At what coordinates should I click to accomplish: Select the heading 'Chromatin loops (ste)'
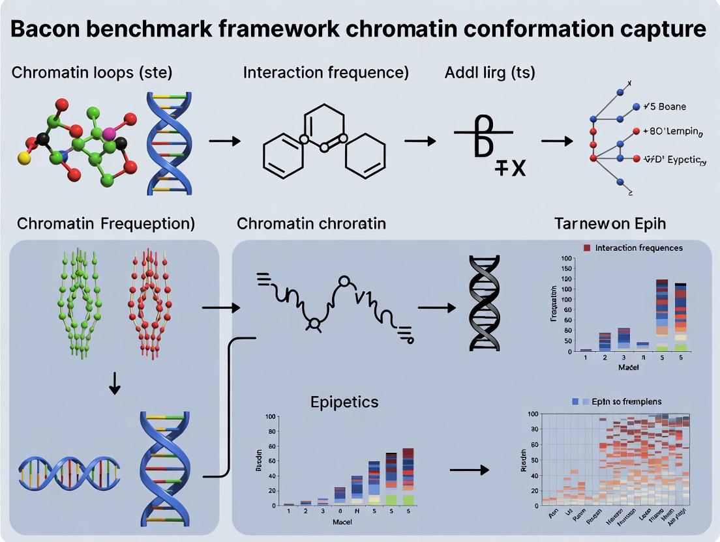[92, 72]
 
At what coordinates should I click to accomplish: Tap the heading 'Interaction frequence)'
[325, 72]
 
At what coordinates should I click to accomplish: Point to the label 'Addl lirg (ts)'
[490, 72]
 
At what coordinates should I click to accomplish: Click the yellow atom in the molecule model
[24, 158]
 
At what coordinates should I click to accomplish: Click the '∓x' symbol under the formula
[509, 169]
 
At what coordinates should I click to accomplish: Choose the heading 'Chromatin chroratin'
[311, 223]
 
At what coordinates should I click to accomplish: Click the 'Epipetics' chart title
[344, 402]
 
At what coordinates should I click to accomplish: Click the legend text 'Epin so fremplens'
[626, 401]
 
